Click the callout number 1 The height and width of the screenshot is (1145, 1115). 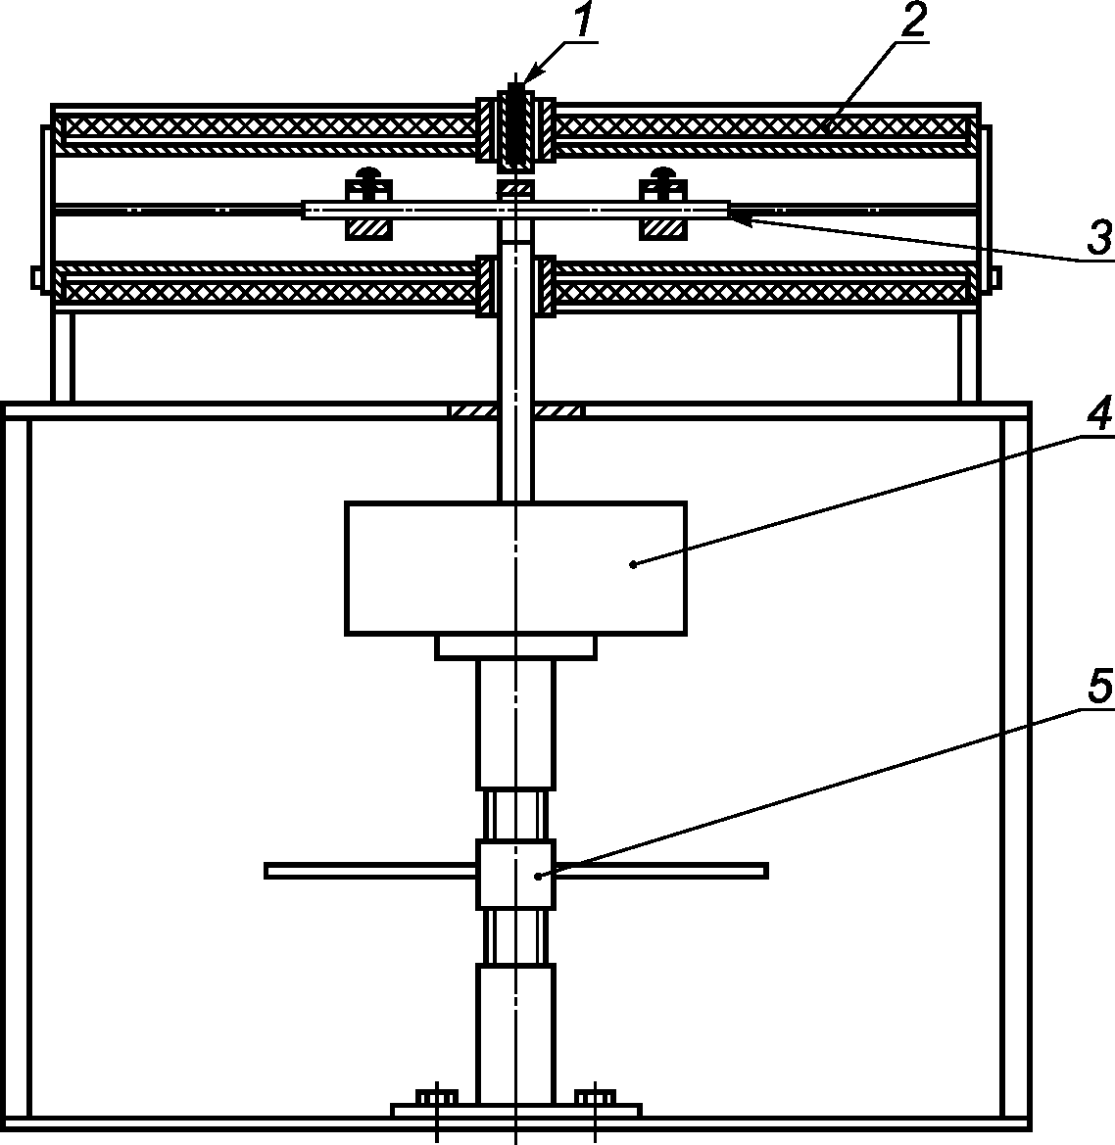click(x=582, y=22)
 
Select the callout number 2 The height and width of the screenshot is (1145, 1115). click(x=912, y=22)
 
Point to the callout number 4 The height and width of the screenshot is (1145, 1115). click(x=1098, y=414)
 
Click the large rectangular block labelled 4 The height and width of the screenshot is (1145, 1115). click(x=515, y=568)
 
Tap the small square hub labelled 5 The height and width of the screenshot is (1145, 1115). click(x=515, y=874)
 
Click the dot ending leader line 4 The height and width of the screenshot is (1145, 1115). click(x=633, y=564)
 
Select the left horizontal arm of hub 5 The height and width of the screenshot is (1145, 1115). click(x=370, y=871)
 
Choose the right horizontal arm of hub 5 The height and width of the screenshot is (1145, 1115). click(x=661, y=871)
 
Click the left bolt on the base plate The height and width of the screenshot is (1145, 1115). click(x=436, y=1098)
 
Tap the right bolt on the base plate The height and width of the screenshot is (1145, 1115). click(x=595, y=1098)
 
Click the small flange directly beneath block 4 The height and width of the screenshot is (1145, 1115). click(x=515, y=647)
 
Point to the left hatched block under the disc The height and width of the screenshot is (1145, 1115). click(x=369, y=228)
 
